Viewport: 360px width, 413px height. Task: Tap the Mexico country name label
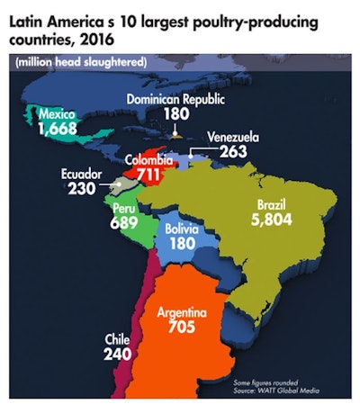pos(59,115)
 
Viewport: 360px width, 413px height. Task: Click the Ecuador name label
pos(86,175)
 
